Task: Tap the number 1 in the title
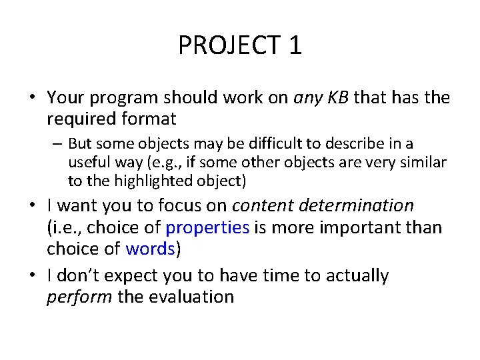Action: (x=295, y=45)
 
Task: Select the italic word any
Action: (x=309, y=98)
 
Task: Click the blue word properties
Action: (x=207, y=227)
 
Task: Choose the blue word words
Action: (x=150, y=249)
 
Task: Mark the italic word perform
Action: (x=79, y=297)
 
